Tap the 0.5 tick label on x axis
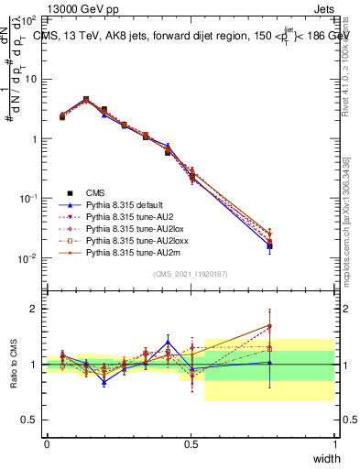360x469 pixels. (191, 444)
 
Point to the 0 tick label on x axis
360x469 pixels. (47, 444)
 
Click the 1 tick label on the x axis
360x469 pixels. (334, 444)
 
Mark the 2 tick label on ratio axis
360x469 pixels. (36, 309)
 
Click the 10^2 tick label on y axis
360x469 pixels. (28, 19)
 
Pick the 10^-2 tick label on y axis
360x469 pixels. (28, 257)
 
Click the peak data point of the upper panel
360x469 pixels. (86, 99)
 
